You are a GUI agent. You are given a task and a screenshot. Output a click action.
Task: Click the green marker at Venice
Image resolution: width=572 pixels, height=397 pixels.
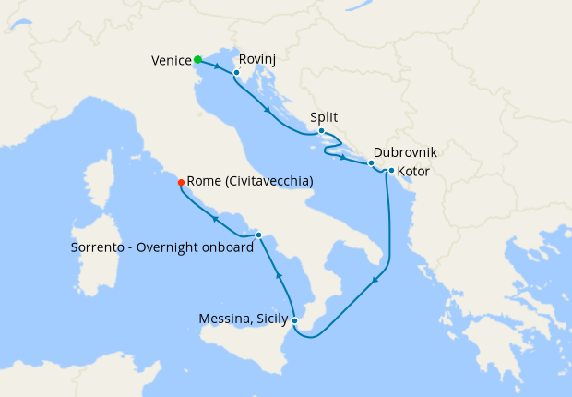197,60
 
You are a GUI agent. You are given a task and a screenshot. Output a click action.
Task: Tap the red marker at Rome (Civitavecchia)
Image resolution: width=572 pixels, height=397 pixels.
181,182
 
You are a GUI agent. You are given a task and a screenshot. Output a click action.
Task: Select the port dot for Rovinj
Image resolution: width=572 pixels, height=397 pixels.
236,72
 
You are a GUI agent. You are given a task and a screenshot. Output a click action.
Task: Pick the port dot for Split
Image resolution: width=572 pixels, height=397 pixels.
321,130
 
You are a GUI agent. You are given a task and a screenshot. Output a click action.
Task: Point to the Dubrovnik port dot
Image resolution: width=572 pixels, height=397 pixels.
371,163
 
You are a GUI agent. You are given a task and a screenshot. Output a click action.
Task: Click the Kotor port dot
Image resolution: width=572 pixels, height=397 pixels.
391,170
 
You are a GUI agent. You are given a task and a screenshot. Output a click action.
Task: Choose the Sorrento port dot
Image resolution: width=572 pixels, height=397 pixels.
258,235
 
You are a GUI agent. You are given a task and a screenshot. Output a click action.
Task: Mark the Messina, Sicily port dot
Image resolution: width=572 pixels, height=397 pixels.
294,320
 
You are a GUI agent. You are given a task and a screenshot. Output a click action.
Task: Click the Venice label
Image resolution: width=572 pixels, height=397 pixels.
171,61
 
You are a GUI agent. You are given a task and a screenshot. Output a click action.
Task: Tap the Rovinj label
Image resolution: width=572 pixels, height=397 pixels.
257,59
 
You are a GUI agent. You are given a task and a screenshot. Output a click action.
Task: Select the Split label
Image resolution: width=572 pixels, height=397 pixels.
325,117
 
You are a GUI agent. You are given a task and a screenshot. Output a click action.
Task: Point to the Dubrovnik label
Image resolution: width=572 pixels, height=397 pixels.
405,152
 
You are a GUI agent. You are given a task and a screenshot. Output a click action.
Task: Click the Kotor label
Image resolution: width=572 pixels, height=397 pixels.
412,171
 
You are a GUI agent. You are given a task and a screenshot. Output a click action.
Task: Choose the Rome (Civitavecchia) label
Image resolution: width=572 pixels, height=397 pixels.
250,182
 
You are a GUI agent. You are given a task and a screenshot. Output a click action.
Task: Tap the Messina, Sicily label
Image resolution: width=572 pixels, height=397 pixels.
242,320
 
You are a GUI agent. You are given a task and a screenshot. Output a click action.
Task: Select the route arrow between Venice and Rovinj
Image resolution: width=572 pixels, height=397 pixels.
217,66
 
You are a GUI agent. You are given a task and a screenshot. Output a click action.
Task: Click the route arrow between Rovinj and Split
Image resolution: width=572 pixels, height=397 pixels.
268,111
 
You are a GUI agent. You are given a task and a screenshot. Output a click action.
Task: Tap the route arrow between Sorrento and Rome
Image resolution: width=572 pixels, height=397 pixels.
215,219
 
